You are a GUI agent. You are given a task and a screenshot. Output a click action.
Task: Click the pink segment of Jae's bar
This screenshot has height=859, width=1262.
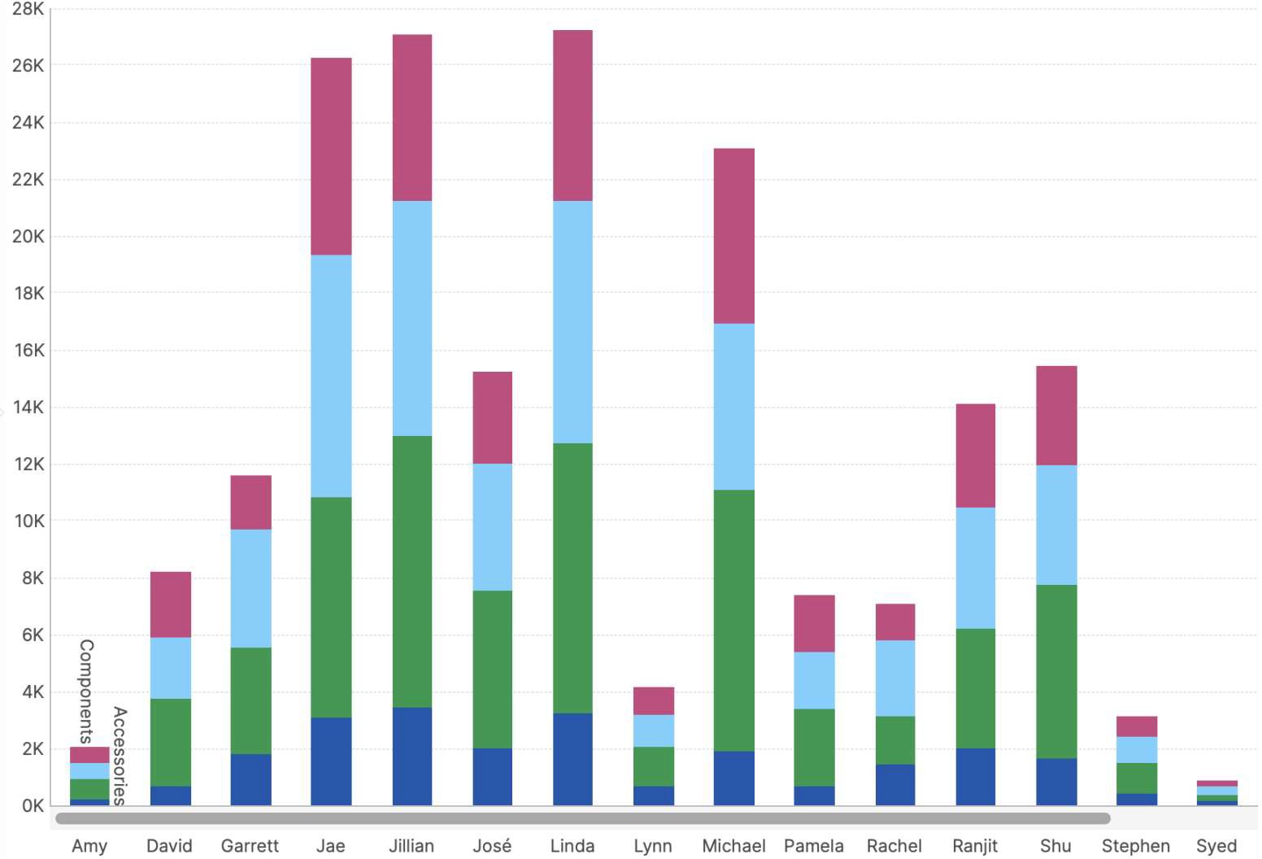click(x=331, y=156)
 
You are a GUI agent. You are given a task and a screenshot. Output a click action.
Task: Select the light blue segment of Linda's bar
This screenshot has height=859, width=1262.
click(x=572, y=321)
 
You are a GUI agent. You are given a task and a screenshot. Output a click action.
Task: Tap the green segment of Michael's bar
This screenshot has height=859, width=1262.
click(x=733, y=620)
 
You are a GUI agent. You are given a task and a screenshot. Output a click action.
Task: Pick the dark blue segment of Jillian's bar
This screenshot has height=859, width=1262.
click(x=411, y=757)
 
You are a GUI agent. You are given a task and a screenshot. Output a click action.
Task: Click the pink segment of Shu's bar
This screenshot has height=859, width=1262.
click(x=1056, y=416)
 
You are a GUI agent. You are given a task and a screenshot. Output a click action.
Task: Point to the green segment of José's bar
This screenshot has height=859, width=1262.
click(x=492, y=669)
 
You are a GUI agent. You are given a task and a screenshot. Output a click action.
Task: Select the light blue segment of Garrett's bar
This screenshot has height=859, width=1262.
click(x=250, y=588)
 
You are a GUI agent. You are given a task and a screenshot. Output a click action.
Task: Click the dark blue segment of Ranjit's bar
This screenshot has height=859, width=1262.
click(x=975, y=777)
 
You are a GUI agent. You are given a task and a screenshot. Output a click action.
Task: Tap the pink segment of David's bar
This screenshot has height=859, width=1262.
click(x=170, y=604)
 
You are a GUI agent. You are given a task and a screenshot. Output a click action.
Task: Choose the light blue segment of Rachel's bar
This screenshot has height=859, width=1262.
click(x=894, y=678)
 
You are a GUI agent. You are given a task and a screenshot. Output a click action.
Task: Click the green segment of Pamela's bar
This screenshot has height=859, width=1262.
click(x=814, y=747)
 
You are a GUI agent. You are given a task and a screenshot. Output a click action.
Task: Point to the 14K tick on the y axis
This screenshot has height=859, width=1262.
click(x=28, y=408)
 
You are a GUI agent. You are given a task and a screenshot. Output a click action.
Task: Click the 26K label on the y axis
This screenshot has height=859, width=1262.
click(x=28, y=66)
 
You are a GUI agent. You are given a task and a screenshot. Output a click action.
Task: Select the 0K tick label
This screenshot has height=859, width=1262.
click(x=33, y=806)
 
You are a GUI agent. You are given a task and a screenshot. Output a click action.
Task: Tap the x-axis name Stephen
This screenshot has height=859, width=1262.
click(x=1135, y=846)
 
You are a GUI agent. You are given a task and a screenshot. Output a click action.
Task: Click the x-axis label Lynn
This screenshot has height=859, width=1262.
click(x=652, y=846)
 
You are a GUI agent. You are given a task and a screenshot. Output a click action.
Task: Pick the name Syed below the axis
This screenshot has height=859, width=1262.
click(x=1216, y=846)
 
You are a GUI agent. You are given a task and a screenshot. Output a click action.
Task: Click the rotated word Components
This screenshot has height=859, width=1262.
click(x=86, y=691)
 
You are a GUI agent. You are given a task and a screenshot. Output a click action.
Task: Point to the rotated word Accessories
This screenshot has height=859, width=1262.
click(x=120, y=756)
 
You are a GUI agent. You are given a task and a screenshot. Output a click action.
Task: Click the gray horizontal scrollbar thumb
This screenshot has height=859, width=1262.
click(x=581, y=818)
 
